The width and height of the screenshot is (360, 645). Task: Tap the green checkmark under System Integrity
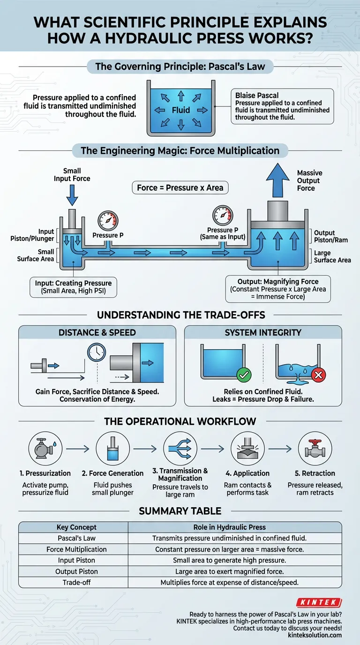(x=244, y=375)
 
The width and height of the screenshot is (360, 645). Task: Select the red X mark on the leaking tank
(x=319, y=375)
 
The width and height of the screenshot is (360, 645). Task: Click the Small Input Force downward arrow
(x=72, y=195)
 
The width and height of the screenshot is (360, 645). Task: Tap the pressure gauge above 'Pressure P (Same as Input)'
(x=222, y=215)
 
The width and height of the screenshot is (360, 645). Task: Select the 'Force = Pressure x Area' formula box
(x=180, y=188)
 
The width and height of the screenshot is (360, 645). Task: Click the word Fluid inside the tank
(x=180, y=110)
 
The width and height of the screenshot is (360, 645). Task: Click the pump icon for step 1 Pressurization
(x=45, y=449)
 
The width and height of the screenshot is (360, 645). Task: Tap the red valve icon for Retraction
(x=315, y=449)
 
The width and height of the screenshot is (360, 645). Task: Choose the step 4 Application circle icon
(x=248, y=449)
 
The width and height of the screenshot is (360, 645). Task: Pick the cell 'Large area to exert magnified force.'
(x=234, y=571)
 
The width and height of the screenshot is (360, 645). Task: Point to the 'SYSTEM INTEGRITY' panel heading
(x=263, y=332)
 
